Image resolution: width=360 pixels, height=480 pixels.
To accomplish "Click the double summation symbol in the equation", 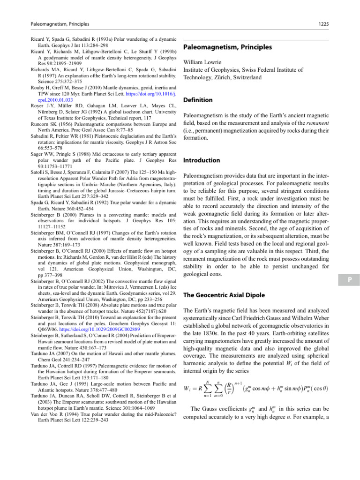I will coord(211,389).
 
